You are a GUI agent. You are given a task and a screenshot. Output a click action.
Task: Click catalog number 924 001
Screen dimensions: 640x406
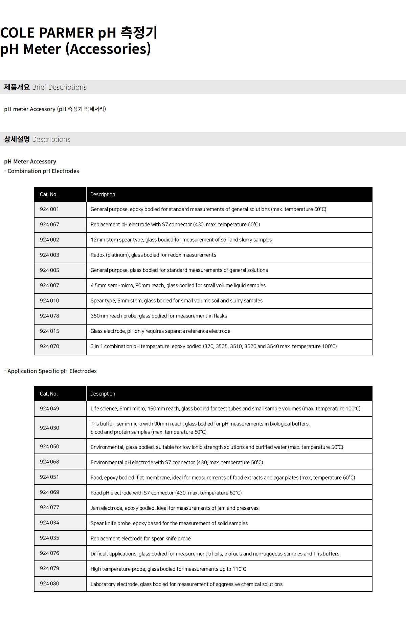tap(49, 209)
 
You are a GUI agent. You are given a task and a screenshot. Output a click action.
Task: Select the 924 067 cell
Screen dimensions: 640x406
tap(49, 224)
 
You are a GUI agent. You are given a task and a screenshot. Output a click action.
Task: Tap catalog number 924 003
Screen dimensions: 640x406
tap(49, 255)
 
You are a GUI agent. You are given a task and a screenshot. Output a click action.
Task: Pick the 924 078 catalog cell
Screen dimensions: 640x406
tap(49, 316)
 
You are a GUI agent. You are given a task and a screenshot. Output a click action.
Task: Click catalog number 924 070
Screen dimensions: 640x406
tap(49, 346)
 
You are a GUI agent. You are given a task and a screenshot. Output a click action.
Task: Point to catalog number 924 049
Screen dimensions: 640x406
tap(49, 409)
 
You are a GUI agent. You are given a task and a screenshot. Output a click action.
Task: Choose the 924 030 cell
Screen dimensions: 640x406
tap(49, 428)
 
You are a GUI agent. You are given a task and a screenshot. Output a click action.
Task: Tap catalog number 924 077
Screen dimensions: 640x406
tap(49, 507)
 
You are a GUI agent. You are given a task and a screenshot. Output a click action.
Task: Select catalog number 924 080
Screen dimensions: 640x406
tap(49, 583)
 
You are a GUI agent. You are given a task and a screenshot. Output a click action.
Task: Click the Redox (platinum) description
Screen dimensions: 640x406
tap(153, 255)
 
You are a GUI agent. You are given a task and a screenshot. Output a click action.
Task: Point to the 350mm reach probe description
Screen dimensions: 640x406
tap(159, 316)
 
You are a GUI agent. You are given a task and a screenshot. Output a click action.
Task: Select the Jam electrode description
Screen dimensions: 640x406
tap(174, 508)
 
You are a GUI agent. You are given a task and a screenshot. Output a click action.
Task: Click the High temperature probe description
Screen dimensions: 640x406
tap(168, 569)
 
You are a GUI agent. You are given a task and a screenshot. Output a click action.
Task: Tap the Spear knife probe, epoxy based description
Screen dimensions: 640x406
tap(169, 523)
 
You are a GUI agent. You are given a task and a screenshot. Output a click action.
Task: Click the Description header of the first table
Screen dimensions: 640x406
tap(103, 194)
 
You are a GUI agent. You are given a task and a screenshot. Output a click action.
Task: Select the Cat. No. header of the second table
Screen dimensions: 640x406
tap(49, 394)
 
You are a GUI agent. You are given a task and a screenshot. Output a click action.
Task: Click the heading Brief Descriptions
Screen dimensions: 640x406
tap(59, 87)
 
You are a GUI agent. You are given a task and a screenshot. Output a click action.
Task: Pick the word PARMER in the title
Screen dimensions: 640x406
tap(66, 32)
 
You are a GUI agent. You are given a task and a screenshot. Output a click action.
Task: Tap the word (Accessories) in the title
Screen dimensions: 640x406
tap(108, 49)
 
